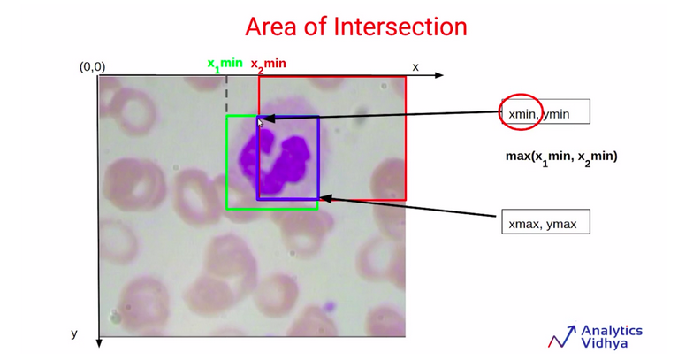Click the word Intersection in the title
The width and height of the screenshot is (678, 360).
tap(400, 27)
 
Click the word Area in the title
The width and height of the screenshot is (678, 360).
tap(271, 27)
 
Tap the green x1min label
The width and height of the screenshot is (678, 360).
tap(225, 65)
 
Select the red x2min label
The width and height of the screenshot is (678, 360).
tap(268, 65)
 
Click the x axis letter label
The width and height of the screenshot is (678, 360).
tap(415, 67)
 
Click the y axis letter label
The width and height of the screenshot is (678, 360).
tap(74, 333)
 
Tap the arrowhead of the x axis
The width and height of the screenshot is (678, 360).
tap(438, 75)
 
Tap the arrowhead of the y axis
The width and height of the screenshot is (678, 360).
tap(99, 343)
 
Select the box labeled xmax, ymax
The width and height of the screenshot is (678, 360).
tap(545, 222)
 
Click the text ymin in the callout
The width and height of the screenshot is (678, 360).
tap(556, 114)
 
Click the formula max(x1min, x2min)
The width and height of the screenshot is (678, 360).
tap(561, 157)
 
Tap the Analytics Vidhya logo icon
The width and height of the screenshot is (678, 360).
tap(562, 336)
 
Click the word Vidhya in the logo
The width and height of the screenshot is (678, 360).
tap(605, 343)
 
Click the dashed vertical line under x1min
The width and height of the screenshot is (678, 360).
tap(226, 95)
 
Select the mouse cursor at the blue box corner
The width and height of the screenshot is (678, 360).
tap(260, 123)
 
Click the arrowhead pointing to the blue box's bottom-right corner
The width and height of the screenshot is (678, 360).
tap(325, 199)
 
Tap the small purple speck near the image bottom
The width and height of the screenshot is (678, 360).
tap(330, 306)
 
